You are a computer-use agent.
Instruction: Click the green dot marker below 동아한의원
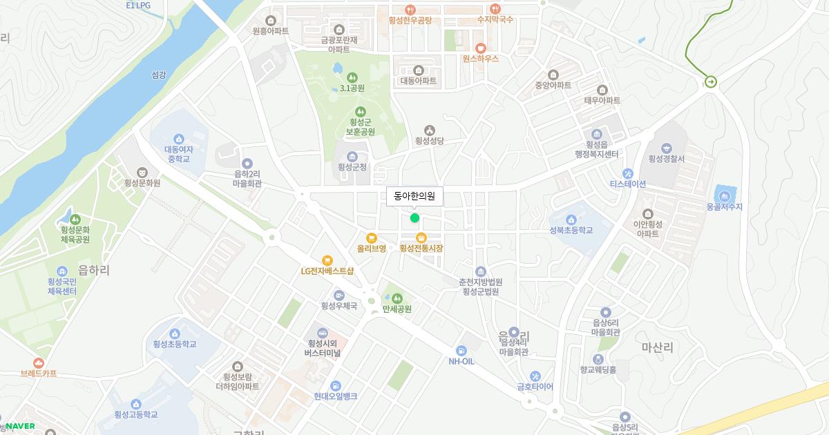pos(414,218)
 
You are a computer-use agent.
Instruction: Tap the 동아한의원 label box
pos(414,196)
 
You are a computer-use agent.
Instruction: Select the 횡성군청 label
pos(352,166)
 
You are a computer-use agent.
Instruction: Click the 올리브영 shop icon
pos(371,238)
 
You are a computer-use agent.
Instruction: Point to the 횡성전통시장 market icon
pos(421,238)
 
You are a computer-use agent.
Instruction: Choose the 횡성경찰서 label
pos(666,159)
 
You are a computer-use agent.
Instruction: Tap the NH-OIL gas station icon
pos(461,351)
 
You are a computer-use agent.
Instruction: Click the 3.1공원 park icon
pos(352,77)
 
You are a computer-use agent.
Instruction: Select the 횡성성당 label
pos(429,141)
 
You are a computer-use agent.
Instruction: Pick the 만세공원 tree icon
pos(397,298)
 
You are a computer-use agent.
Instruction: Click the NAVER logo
pos(20,426)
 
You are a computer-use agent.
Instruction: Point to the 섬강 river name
pos(158,75)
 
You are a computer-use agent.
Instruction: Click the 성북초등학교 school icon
pos(571,220)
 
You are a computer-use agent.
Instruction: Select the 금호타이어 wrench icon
pos(535,376)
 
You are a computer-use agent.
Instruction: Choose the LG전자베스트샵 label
pos(327,271)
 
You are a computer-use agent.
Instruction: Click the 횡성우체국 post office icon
pos(339,295)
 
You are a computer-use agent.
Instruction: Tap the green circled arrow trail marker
pos(710,82)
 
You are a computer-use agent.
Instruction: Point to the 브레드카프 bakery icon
pos(39,362)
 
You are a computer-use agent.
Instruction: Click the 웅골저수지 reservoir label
pos(724,206)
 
